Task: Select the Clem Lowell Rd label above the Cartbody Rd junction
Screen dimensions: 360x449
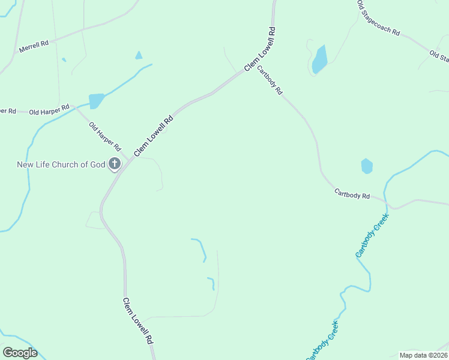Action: [259, 47]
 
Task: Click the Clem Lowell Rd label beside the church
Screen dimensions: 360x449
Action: [154, 136]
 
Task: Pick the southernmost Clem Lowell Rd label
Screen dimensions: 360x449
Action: [138, 320]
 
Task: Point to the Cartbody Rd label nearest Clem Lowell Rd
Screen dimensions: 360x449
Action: [270, 80]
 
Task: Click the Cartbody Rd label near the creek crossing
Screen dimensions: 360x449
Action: [352, 194]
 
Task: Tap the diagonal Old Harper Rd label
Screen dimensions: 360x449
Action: [105, 136]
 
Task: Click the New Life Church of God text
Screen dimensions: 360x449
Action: [61, 164]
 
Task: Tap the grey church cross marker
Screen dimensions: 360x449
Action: [114, 164]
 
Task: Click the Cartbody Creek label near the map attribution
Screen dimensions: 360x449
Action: [322, 341]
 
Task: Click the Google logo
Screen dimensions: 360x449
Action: [20, 353]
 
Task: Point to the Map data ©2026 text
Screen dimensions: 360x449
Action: [423, 355]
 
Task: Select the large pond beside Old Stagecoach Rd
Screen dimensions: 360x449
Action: [319, 59]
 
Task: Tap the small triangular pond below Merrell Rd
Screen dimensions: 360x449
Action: [139, 55]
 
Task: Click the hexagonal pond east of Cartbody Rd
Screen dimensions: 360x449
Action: [367, 166]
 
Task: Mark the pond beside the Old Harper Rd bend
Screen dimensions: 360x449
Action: [96, 100]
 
